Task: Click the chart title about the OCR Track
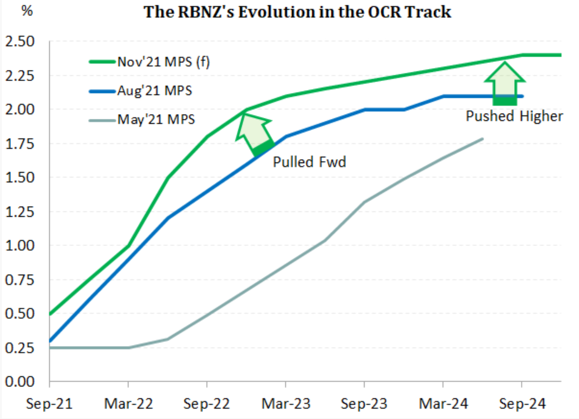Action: [x=297, y=12]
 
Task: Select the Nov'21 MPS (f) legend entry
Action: [x=163, y=62]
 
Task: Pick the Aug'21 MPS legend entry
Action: [x=154, y=91]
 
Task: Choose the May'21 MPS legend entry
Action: [x=156, y=120]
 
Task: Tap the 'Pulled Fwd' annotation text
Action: [x=309, y=162]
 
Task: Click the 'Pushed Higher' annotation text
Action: [x=514, y=116]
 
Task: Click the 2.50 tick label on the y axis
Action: [x=20, y=41]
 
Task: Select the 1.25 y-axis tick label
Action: [x=20, y=211]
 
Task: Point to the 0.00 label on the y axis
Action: [x=20, y=382]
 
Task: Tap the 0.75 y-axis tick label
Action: [x=20, y=280]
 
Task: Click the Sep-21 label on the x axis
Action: [x=49, y=404]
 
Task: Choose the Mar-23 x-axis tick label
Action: [x=286, y=404]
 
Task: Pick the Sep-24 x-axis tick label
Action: [x=522, y=404]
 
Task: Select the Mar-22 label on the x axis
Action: [x=128, y=404]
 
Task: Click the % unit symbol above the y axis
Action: [x=27, y=11]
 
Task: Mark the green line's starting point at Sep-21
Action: [x=50, y=314]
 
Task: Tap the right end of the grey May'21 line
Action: [x=483, y=139]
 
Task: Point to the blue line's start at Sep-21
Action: [x=50, y=341]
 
